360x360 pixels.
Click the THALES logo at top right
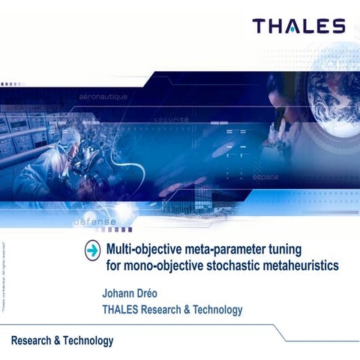[298, 27]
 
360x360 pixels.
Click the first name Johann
[122, 292]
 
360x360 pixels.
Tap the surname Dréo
[160, 292]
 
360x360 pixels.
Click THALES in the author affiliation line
[124, 309]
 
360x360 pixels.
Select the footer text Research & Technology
[62, 341]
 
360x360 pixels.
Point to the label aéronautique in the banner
[103, 97]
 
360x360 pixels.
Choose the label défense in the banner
[94, 222]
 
